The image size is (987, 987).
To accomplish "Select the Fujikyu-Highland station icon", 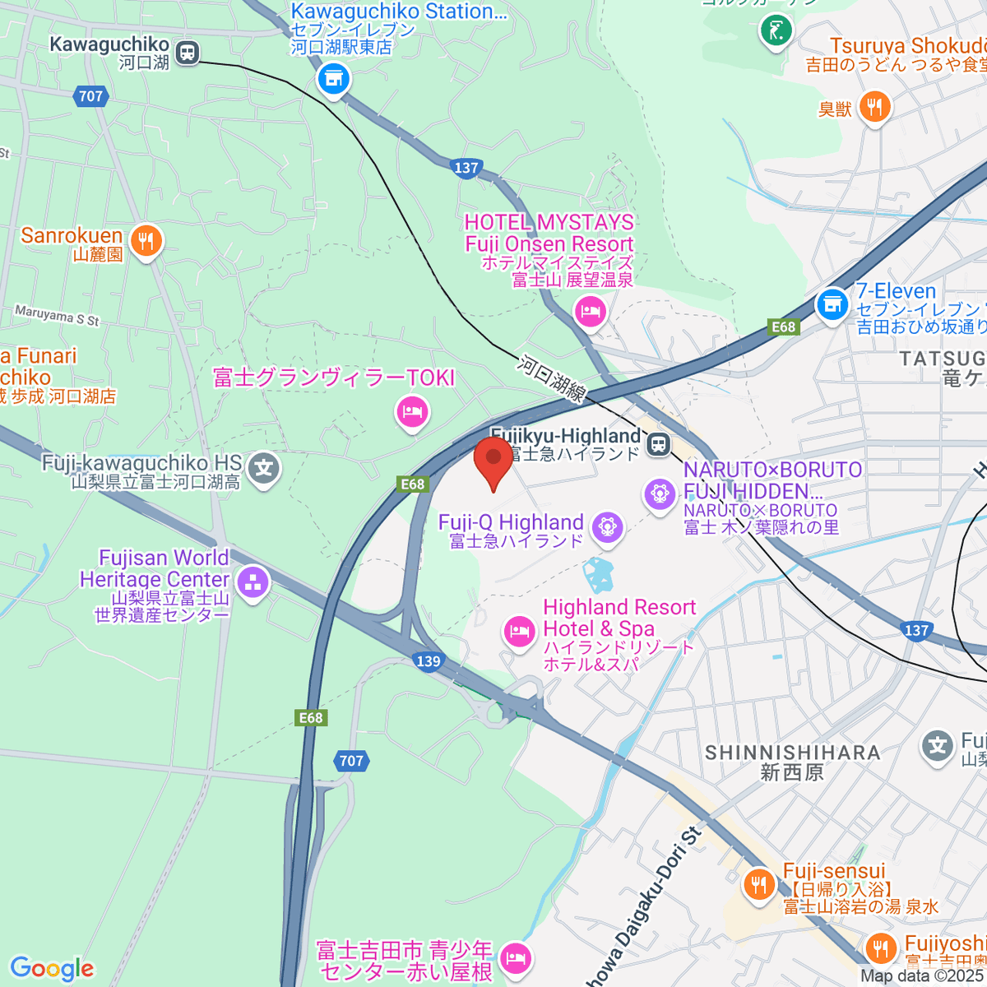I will coord(658,445).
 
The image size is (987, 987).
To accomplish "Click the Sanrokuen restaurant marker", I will coord(146,241).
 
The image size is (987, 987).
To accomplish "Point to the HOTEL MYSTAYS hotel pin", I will coord(591,312).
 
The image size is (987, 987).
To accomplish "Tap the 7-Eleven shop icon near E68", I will coord(832,304).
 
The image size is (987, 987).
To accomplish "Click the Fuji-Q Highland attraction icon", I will coord(607,526).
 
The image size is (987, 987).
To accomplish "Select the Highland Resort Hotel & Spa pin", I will coord(519,632).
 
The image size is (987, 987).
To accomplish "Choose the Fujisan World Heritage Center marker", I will coord(252,583).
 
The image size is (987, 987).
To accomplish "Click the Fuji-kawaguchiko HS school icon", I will coord(264,469).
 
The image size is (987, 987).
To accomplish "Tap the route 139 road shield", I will coord(429,661).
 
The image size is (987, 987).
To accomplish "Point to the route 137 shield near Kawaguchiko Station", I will coord(466,168).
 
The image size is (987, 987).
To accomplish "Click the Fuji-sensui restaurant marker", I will coord(758,884).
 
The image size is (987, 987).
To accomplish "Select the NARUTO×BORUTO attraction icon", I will coord(660,493).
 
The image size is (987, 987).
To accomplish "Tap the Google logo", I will coord(52,969).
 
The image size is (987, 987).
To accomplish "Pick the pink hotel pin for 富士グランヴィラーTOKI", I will coord(412,410).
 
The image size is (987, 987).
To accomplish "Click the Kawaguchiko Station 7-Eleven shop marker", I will coord(334,80).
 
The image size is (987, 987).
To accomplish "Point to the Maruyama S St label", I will coord(57,315).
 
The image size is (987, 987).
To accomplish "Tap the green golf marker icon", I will coord(776,32).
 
